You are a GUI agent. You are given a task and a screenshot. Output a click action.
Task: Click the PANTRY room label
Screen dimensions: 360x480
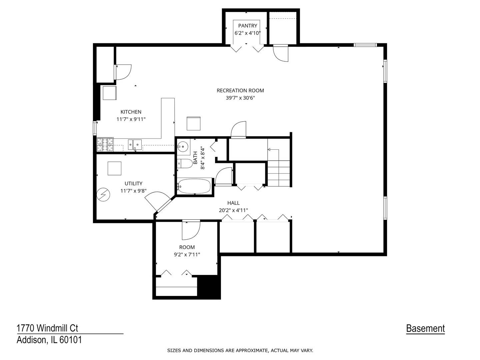coord(248,26)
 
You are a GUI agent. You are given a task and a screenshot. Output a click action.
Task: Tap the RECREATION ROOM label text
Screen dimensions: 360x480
coord(240,90)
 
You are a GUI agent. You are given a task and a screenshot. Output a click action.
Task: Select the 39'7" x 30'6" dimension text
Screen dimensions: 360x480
coord(240,98)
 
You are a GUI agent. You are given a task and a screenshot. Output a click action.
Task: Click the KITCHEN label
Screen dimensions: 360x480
coord(131,112)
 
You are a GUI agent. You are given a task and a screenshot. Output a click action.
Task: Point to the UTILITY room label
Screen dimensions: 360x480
coord(133,183)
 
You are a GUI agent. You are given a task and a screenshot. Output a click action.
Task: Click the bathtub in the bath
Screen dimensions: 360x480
coord(194,186)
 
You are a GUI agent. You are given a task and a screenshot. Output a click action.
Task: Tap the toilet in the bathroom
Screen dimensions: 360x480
coord(185,163)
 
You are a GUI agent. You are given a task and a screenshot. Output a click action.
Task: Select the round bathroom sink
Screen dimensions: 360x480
coord(183,146)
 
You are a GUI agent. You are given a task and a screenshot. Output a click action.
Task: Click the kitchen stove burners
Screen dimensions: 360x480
coord(105,145)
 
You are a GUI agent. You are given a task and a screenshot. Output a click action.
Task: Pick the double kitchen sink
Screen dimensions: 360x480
coord(135,144)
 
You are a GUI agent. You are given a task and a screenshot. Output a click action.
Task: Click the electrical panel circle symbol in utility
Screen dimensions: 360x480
coord(103,194)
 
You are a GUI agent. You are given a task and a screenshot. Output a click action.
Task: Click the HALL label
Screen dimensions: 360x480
coord(233,203)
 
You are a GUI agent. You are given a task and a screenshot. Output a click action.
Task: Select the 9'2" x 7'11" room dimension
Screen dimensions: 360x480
coord(187,255)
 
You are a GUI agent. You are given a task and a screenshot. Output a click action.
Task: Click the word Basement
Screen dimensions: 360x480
coord(425,329)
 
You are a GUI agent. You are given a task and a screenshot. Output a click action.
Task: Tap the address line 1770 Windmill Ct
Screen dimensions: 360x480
coord(47,328)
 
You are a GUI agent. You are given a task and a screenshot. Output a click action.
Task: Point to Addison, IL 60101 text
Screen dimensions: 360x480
coord(49,340)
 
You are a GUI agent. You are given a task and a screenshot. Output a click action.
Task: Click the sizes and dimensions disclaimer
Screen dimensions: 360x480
coord(240,350)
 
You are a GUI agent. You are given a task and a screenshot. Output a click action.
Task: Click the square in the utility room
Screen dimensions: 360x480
coord(114,168)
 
